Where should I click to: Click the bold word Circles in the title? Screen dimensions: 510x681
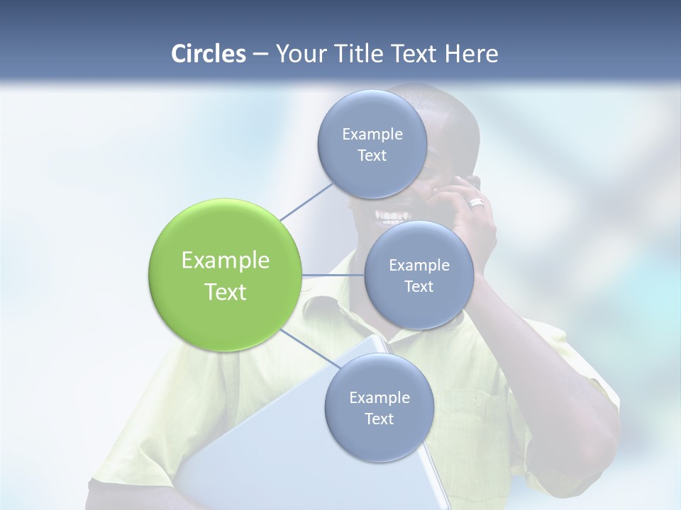[x=208, y=54]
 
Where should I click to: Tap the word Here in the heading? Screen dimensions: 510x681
[x=471, y=54]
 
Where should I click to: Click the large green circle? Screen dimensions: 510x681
[x=225, y=275]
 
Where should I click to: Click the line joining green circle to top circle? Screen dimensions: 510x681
[x=307, y=202]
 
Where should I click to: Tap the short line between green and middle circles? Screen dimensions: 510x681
[x=333, y=275]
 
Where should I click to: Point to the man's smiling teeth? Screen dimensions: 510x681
[x=392, y=213]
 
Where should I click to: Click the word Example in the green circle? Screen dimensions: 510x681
[x=225, y=261]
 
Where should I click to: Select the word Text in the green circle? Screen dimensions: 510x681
[x=225, y=292]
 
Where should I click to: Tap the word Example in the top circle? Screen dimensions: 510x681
[x=372, y=135]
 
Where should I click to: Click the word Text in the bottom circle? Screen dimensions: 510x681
[x=379, y=419]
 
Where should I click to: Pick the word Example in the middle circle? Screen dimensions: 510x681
[x=419, y=266]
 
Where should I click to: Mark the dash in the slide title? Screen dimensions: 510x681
[x=260, y=54]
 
